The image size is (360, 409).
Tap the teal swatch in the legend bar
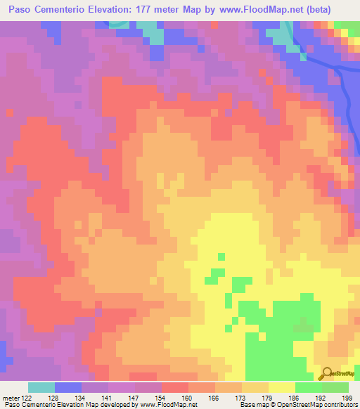(41, 387)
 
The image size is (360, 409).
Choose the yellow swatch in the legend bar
(281, 387)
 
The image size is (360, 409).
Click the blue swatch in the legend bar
(68, 387)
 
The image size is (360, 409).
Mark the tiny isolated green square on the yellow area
(221, 257)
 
